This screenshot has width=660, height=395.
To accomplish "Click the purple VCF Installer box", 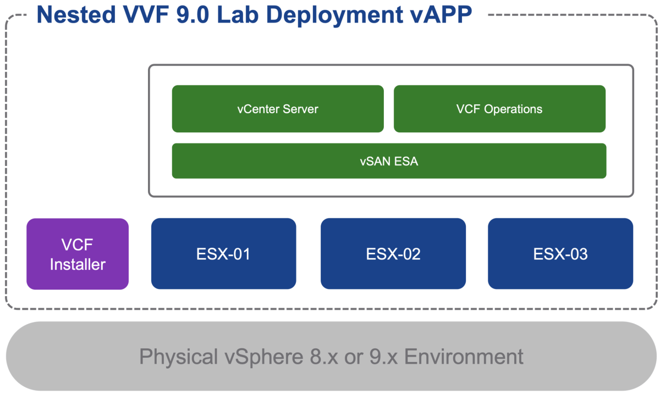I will coord(78,254).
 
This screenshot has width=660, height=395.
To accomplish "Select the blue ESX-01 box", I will coord(223,254).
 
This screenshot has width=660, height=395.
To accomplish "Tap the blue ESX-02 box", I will coord(393,254).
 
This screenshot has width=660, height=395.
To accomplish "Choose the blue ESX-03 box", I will coord(560,254).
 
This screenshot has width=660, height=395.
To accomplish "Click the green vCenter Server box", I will coord(278,109).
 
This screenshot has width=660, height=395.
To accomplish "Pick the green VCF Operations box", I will coord(499,109).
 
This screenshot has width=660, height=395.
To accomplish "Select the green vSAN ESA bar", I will coord(389,161).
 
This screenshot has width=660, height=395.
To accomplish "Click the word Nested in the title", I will coord(76,15).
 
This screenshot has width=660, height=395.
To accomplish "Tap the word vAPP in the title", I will coord(441,15).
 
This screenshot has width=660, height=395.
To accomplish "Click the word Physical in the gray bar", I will coord(179,357).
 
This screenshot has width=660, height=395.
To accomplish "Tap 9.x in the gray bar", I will coord(380,357).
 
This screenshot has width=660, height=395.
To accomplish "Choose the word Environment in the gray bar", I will coord(464,357).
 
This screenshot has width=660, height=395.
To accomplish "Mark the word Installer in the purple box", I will coord(78,264).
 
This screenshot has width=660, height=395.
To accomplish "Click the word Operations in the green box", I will coord(513,109).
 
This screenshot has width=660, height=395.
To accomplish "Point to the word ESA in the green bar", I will coord(406,161).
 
